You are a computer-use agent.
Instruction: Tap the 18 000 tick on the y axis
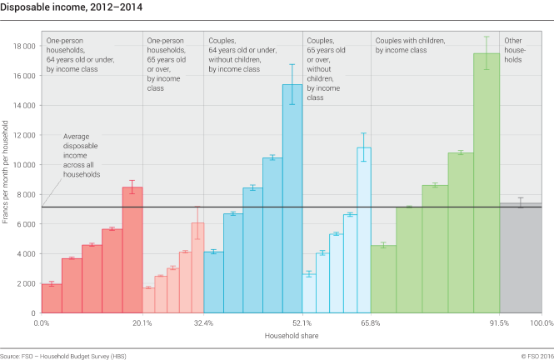(23, 46)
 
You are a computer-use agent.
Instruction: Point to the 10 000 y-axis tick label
(23, 165)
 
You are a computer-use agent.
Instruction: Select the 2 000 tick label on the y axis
(27, 283)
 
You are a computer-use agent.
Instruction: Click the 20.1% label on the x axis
(142, 322)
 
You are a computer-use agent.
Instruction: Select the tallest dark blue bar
(292, 200)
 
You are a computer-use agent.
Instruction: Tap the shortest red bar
(51, 298)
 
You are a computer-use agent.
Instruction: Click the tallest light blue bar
(364, 229)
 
